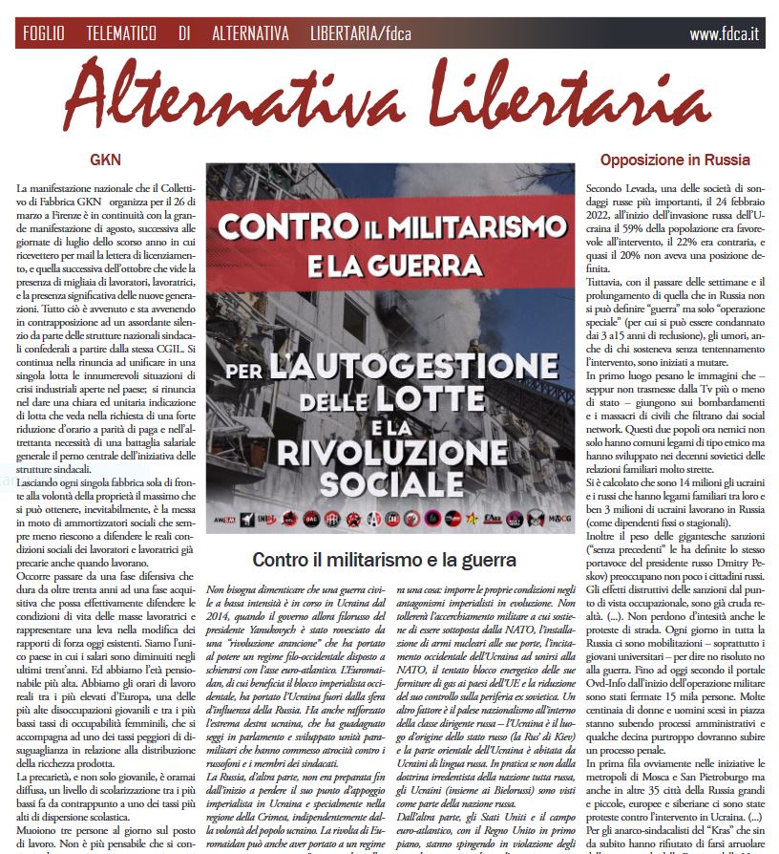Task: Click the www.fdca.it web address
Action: coord(724,33)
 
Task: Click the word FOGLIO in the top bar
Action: coord(44,33)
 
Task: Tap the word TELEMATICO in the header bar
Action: coord(120,33)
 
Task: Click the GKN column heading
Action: coord(105,160)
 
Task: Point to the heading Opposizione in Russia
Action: coord(675,160)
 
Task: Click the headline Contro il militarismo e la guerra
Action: coord(384,559)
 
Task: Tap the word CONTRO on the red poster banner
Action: coord(285,228)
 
